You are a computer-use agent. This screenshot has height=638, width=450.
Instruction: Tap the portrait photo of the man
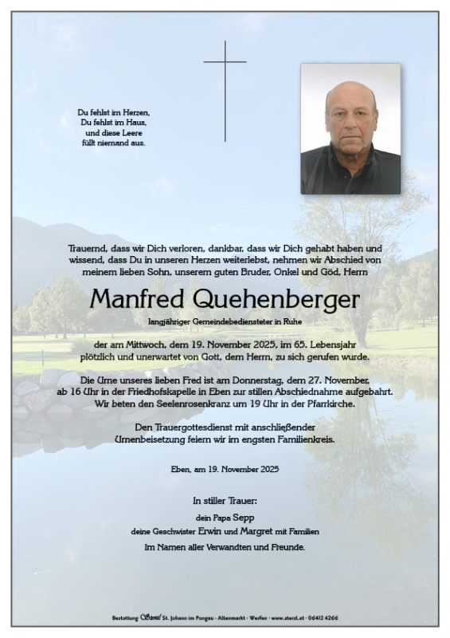[350, 128]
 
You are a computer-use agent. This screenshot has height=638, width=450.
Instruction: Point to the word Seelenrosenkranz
[201, 404]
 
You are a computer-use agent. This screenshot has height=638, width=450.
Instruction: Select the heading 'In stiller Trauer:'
[225, 502]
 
